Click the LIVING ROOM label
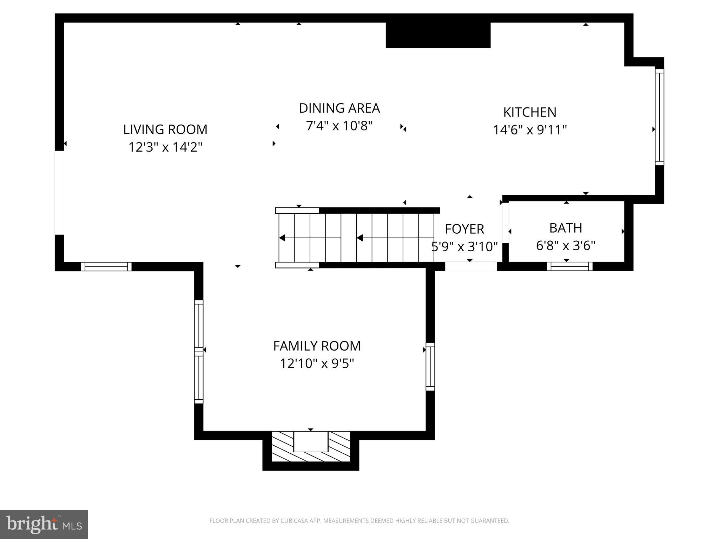tap(165, 129)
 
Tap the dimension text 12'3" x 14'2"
tap(165, 147)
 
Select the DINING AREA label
tap(339, 108)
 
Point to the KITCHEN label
tap(529, 112)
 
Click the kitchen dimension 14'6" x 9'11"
tap(529, 130)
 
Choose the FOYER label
tap(464, 229)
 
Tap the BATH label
tap(565, 228)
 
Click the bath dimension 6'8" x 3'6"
tap(565, 246)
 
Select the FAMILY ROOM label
tap(317, 346)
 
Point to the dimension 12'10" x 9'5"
tap(317, 364)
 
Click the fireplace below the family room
tap(311, 446)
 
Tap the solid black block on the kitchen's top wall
tap(438, 35)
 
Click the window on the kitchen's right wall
tap(659, 117)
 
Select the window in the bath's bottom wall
tap(569, 267)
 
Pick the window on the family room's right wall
tap(430, 366)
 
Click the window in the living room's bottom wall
tap(106, 267)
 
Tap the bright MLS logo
tap(44, 524)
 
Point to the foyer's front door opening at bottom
tap(471, 267)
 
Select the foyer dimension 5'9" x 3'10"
tap(464, 247)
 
